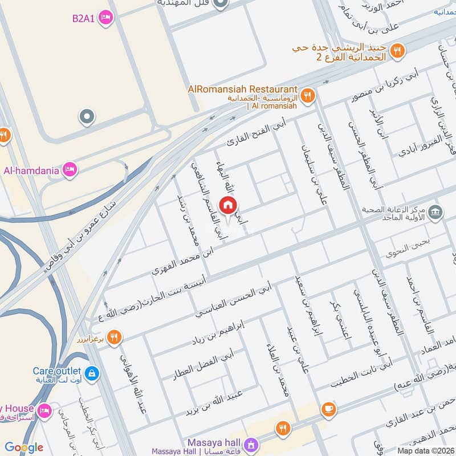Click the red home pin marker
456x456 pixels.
tap(228, 206)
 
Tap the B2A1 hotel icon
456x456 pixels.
tap(105, 18)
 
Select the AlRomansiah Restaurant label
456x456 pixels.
tap(243, 89)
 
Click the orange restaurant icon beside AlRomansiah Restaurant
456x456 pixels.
tap(308, 95)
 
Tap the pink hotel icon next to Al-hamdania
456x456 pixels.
tap(70, 169)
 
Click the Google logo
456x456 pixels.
tap(23, 447)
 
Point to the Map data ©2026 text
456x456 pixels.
tap(426, 450)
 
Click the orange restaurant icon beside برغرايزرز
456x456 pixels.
tap(115, 337)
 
